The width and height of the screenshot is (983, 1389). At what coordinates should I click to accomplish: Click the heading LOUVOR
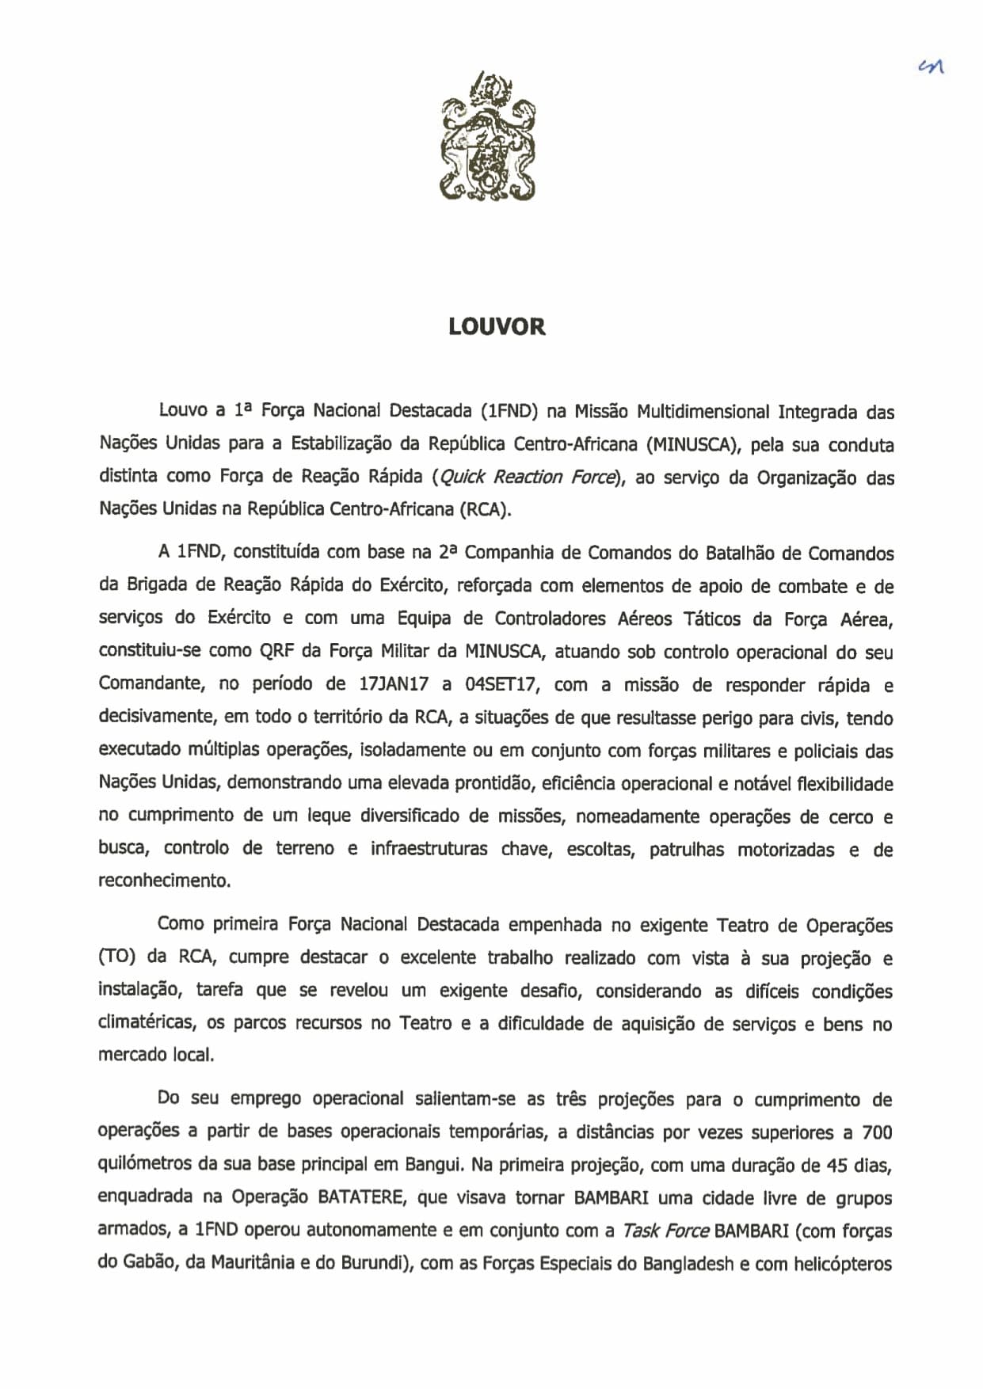(497, 327)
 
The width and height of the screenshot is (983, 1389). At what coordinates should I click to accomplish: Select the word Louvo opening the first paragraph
(182, 411)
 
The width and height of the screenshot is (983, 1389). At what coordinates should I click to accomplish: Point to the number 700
(876, 1132)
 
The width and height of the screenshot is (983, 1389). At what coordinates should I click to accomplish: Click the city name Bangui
(433, 1166)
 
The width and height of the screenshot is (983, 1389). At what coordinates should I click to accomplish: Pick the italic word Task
(642, 1231)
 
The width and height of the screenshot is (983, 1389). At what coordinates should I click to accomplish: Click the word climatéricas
(147, 1023)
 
